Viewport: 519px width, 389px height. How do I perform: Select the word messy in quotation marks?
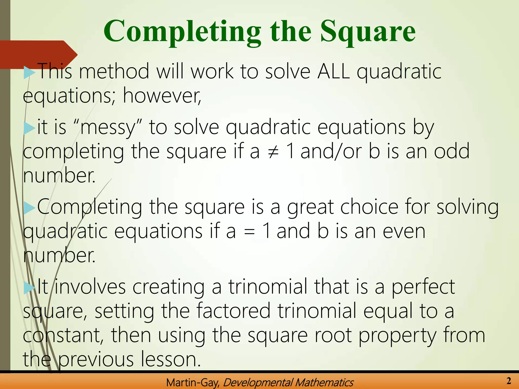108,127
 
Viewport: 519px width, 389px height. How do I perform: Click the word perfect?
423,287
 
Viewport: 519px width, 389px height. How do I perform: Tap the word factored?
233,311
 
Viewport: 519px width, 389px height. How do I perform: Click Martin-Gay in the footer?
193,383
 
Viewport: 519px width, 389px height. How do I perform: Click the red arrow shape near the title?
38,54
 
